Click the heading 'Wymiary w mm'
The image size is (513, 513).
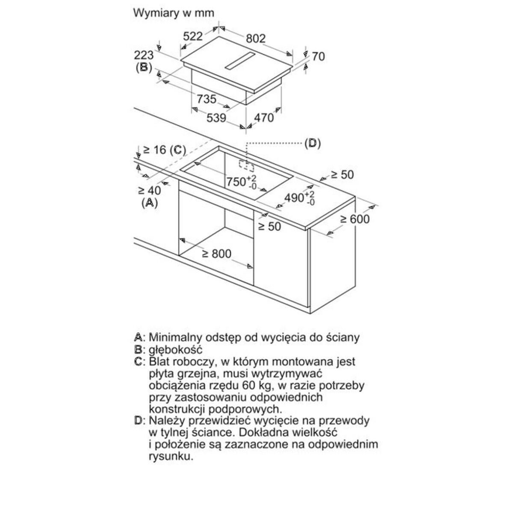point(174,13)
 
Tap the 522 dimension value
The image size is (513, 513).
point(193,36)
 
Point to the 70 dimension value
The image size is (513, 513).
point(318,56)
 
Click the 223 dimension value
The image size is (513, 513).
point(144,55)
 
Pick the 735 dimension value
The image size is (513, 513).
point(206,99)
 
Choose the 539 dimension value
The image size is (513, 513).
point(216,117)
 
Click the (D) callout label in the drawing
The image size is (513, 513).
point(312,143)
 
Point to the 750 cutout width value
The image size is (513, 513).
point(236,182)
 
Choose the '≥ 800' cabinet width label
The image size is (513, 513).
point(216,254)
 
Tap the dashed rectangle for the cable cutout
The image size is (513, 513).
point(245,165)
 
